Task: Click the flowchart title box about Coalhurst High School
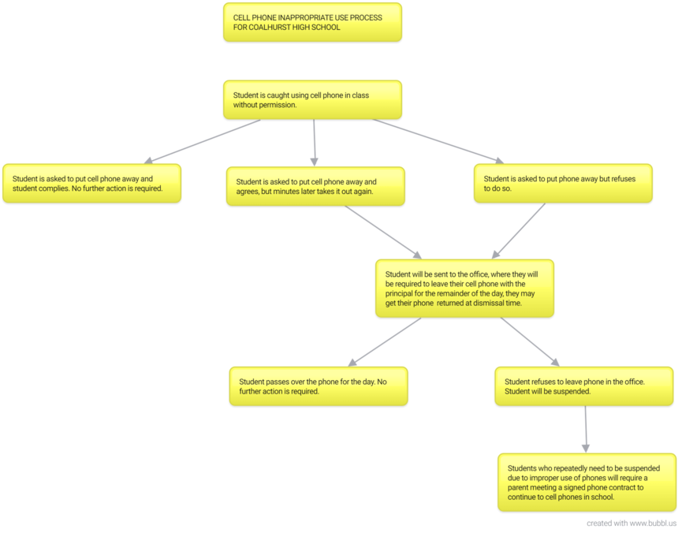pyautogui.click(x=312, y=22)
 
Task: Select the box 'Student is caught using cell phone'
pyautogui.click(x=312, y=99)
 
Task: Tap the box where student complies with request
pyautogui.click(x=91, y=183)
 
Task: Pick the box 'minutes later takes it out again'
pyautogui.click(x=315, y=186)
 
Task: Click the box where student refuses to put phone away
pyautogui.click(x=563, y=183)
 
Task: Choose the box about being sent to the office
pyautogui.click(x=464, y=289)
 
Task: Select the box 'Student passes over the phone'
pyautogui.click(x=319, y=386)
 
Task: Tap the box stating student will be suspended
pyautogui.click(x=583, y=386)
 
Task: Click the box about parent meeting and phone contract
pyautogui.click(x=587, y=483)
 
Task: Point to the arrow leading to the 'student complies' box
pyautogui.click(x=203, y=141)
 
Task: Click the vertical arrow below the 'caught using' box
pyautogui.click(x=314, y=143)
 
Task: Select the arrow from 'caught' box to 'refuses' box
pyautogui.click(x=438, y=141)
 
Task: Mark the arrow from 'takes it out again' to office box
pyautogui.click(x=383, y=232)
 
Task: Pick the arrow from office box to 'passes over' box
pyautogui.click(x=385, y=341)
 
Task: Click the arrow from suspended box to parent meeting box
pyautogui.click(x=586, y=430)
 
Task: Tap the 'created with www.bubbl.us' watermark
pyautogui.click(x=632, y=523)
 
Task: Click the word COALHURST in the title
pyautogui.click(x=270, y=27)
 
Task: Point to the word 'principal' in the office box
pyautogui.click(x=399, y=293)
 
